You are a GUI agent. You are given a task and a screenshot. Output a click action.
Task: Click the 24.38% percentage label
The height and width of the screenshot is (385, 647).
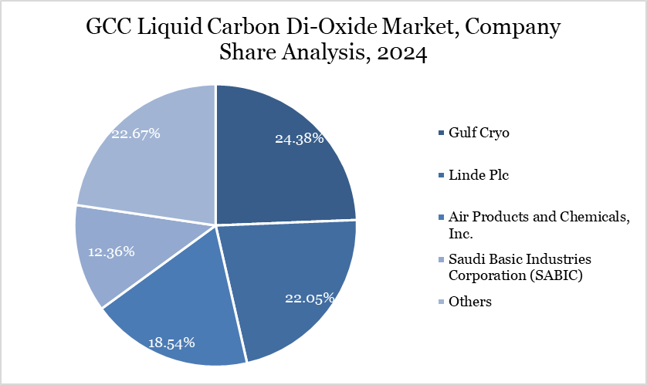tap(299, 140)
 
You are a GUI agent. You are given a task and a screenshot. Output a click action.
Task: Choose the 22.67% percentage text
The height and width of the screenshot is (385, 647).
tap(136, 133)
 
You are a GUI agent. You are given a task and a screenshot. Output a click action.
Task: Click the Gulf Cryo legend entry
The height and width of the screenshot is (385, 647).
tap(479, 133)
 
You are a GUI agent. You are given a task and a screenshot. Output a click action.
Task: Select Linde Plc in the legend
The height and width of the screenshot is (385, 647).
tap(479, 176)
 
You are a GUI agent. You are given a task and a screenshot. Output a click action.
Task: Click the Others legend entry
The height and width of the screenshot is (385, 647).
tap(469, 302)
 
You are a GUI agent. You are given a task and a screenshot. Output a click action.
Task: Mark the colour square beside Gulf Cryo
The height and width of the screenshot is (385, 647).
tap(441, 133)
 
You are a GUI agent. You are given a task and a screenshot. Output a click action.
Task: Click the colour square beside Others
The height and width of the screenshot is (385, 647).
tap(441, 302)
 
